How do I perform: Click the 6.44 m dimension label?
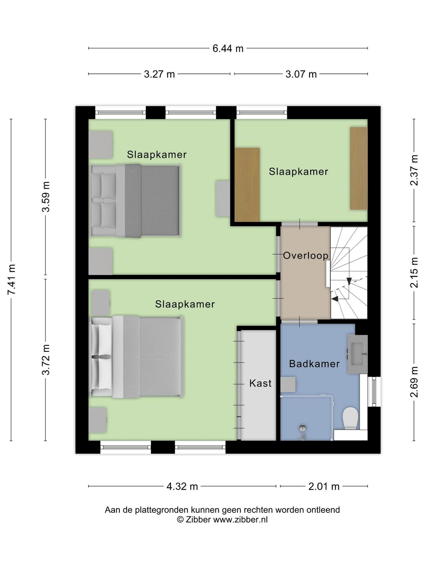point(228,48)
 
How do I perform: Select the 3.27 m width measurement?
point(159,74)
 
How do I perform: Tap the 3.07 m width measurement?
point(301,74)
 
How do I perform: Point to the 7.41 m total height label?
point(12,280)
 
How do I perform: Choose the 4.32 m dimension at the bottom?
point(182,487)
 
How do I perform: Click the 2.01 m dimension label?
point(324,487)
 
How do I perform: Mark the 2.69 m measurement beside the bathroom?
point(414,382)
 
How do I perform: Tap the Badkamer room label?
point(314,364)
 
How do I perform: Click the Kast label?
point(260,383)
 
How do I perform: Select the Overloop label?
point(306,256)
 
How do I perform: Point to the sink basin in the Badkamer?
point(357,354)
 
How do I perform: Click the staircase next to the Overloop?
point(349,273)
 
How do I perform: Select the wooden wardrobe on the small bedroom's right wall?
point(359,168)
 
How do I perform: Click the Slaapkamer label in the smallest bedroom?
point(298,172)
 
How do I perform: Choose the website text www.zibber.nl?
point(240,520)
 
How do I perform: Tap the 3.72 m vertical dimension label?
point(46,360)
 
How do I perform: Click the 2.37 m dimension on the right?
point(414,170)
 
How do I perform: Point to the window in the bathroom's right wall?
point(374,391)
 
